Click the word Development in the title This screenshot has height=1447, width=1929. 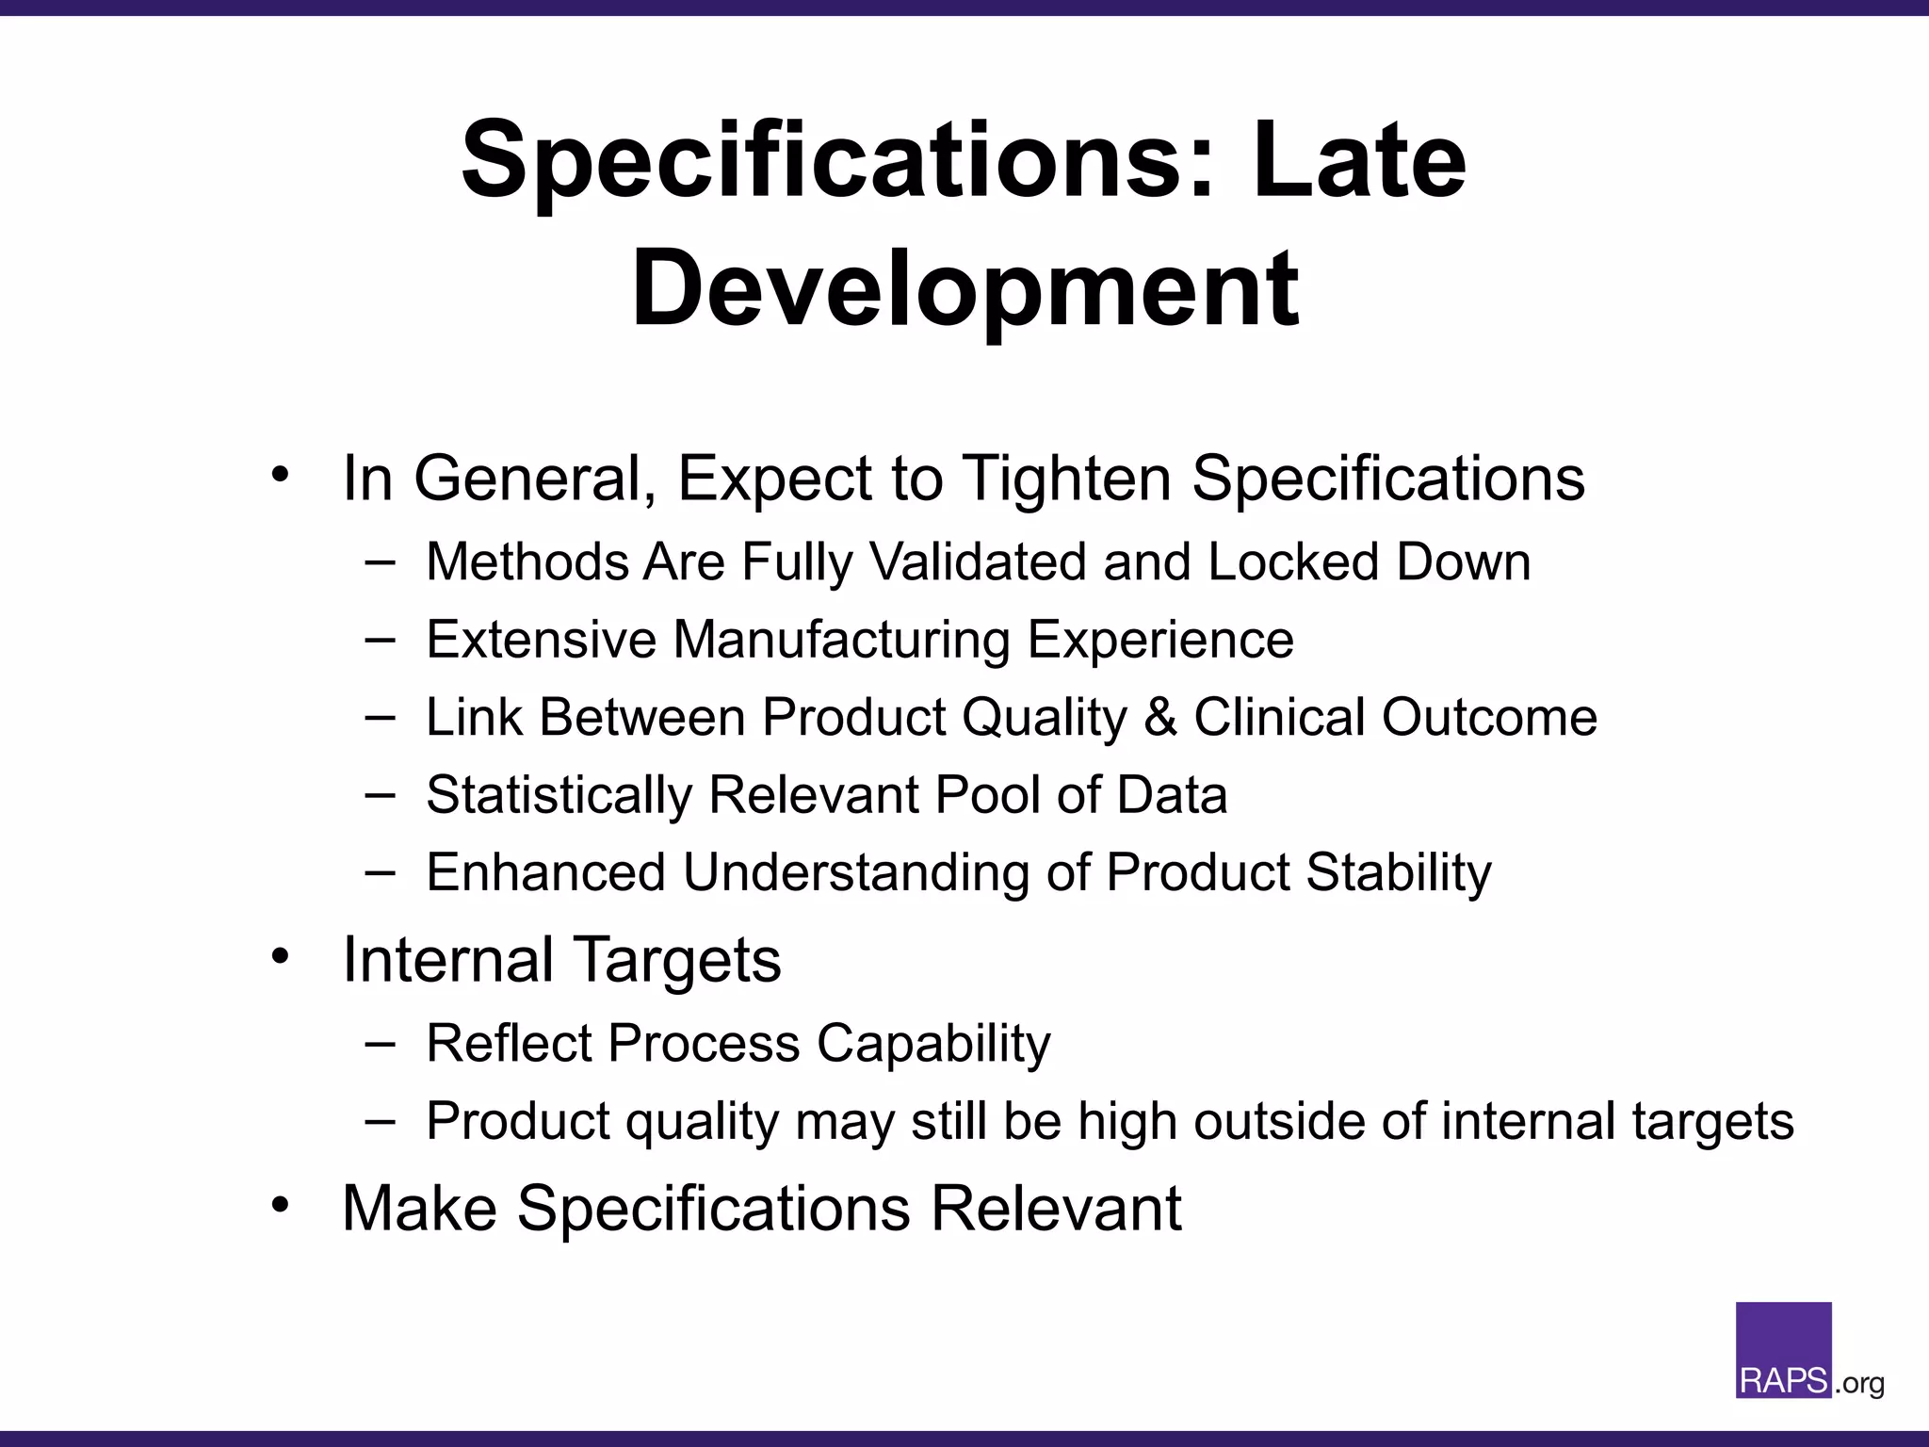point(965,287)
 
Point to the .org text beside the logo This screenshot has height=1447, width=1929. point(1859,1383)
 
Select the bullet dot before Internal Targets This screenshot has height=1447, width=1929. point(280,956)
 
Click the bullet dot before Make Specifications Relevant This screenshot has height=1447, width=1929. point(280,1205)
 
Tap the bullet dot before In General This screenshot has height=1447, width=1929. point(280,475)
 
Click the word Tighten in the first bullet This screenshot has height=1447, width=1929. point(1068,479)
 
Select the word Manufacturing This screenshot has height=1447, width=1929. point(841,640)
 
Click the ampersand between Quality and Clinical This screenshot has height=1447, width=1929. point(1160,718)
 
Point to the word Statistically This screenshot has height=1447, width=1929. point(559,796)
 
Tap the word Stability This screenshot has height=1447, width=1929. point(1398,873)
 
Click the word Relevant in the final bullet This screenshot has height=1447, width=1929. point(1056,1209)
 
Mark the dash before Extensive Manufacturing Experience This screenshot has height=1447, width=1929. point(380,639)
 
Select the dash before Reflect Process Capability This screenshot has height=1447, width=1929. point(380,1043)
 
